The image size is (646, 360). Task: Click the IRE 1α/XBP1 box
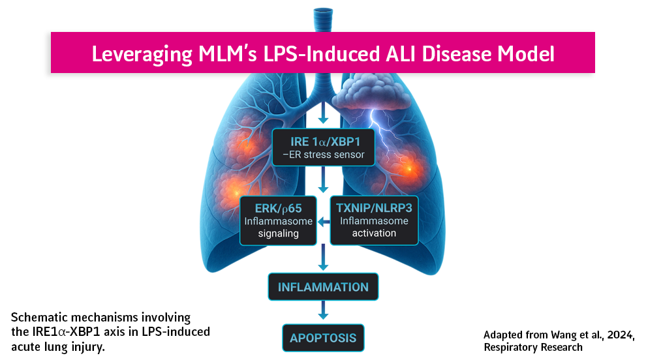pyautogui.click(x=323, y=147)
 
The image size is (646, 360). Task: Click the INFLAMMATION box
pyautogui.click(x=323, y=287)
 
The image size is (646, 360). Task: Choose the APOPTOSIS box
pyautogui.click(x=323, y=338)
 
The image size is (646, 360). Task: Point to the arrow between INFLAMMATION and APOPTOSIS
pyautogui.click(x=323, y=312)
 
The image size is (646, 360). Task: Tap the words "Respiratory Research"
pyautogui.click(x=533, y=347)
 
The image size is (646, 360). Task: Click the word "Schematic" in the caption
pyautogui.click(x=38, y=318)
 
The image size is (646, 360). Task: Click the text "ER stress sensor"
pyautogui.click(x=326, y=155)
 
